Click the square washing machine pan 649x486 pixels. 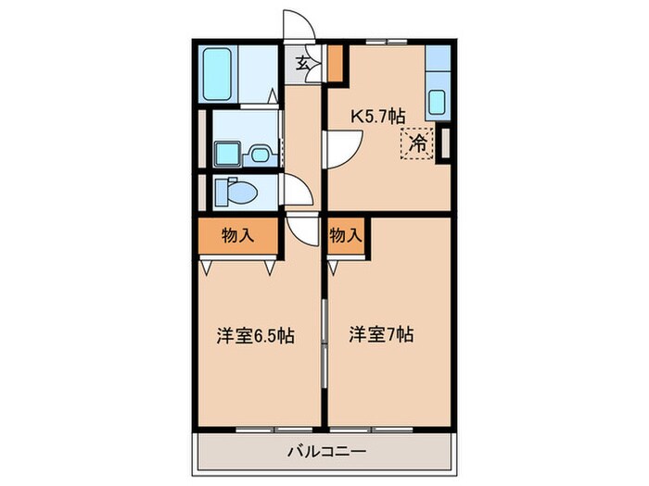pos(228,153)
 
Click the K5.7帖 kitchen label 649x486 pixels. pos(376,117)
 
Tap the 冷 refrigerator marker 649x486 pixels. pos(418,143)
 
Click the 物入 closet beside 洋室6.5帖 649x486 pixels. pos(237,237)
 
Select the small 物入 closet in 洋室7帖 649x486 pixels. pos(344,237)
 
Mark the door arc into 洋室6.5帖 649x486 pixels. pos(302,228)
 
